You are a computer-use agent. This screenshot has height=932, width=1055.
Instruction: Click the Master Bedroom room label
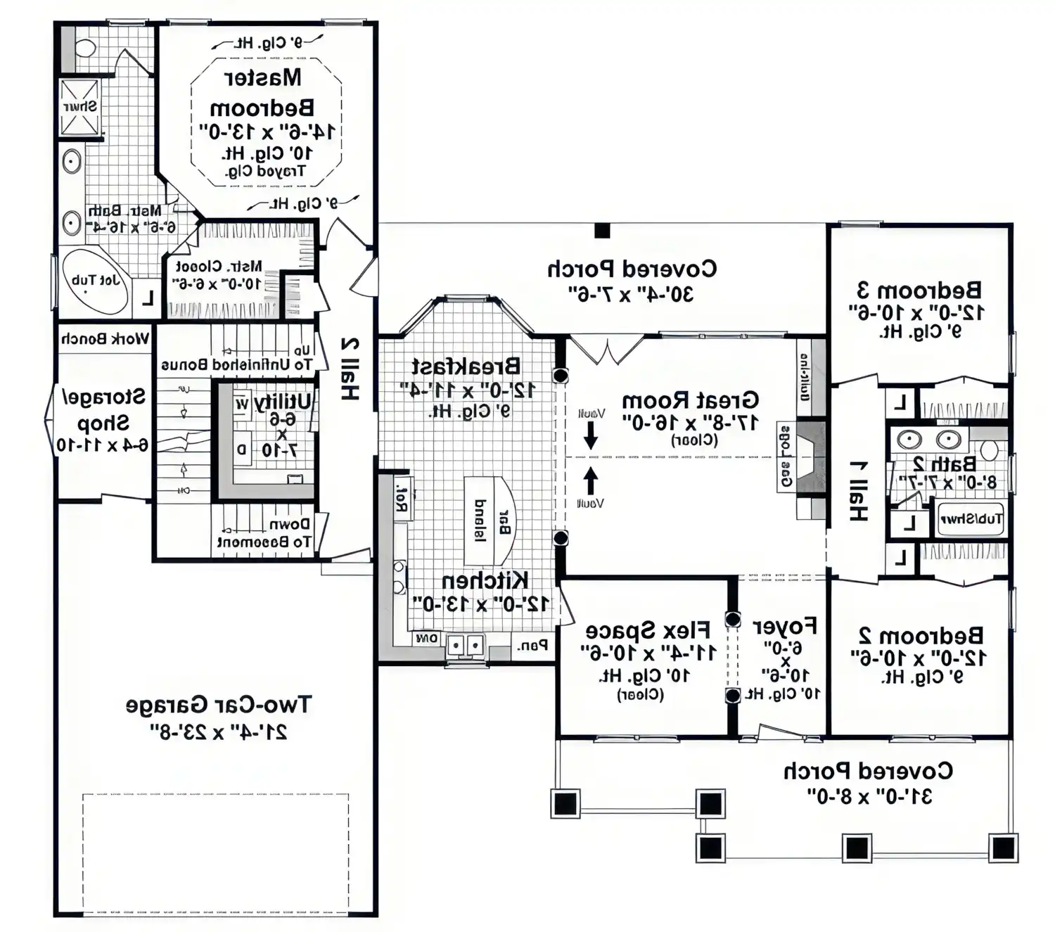(x=262, y=92)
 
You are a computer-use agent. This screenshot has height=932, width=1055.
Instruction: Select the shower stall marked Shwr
(x=79, y=108)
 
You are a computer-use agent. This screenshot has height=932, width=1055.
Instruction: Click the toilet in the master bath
(x=85, y=48)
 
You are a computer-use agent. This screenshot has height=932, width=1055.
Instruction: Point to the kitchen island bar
(x=492, y=521)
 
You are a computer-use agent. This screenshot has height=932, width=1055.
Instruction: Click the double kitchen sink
(x=466, y=644)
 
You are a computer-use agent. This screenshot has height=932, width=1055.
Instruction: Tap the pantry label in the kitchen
(x=532, y=645)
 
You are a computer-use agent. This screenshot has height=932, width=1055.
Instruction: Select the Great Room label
(x=690, y=400)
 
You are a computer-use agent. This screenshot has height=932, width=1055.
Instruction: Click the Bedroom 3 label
(x=919, y=290)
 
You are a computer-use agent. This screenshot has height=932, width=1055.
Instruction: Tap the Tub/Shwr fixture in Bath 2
(x=971, y=520)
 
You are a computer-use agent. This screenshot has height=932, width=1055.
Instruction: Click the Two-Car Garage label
(x=218, y=704)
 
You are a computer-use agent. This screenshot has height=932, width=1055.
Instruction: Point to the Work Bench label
(x=105, y=339)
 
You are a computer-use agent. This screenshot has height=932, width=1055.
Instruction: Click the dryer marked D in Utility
(x=242, y=449)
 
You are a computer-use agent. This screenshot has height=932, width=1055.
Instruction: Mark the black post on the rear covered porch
(x=602, y=230)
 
